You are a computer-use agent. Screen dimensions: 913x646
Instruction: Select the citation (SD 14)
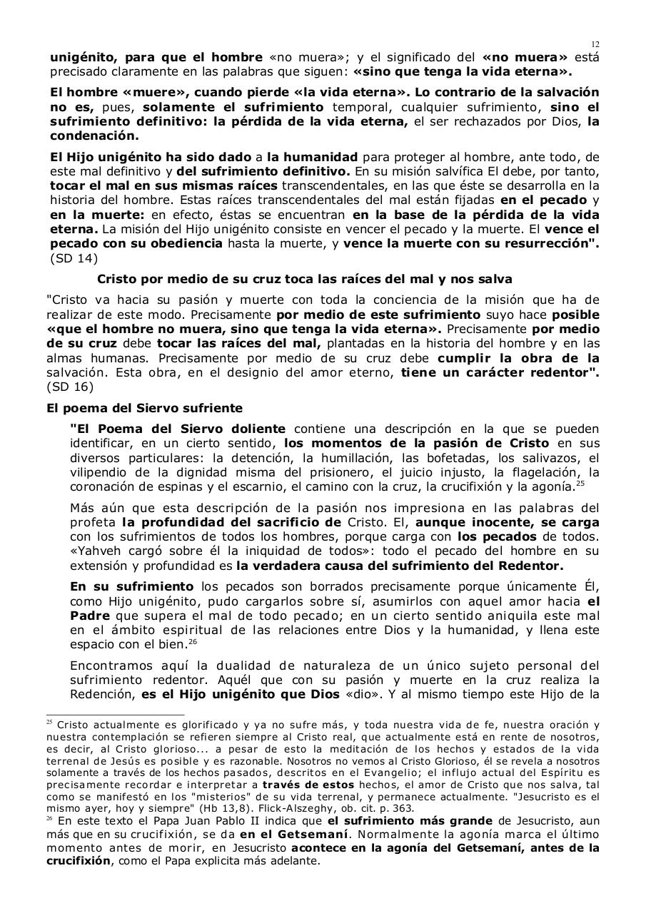[x=74, y=258]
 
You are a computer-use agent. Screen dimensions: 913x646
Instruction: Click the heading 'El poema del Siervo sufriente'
[x=143, y=409]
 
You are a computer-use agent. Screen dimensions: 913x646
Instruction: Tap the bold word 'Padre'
[x=91, y=616]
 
